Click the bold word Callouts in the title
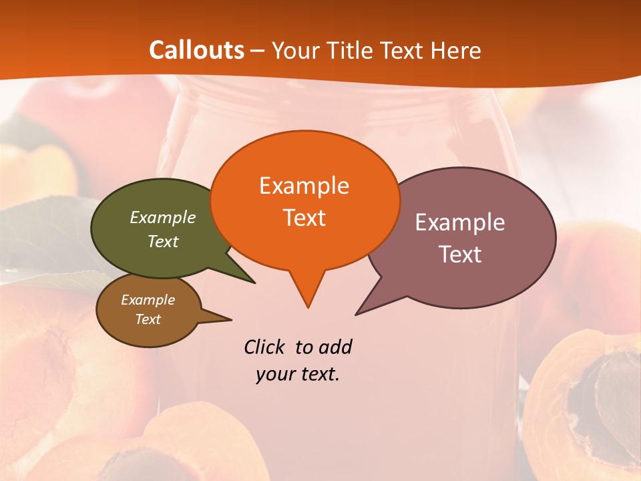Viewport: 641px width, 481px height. [x=196, y=50]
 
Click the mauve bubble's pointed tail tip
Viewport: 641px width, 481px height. [x=357, y=313]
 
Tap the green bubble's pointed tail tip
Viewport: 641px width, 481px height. [x=254, y=282]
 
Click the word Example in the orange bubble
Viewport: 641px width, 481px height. [x=304, y=186]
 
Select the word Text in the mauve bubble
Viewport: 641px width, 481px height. [x=460, y=255]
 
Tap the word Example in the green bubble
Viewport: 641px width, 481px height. [x=163, y=218]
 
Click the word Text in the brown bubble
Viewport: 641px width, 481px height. [x=148, y=319]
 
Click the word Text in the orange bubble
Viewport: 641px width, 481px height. [x=304, y=218]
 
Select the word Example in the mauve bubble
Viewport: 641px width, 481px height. [x=460, y=222]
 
